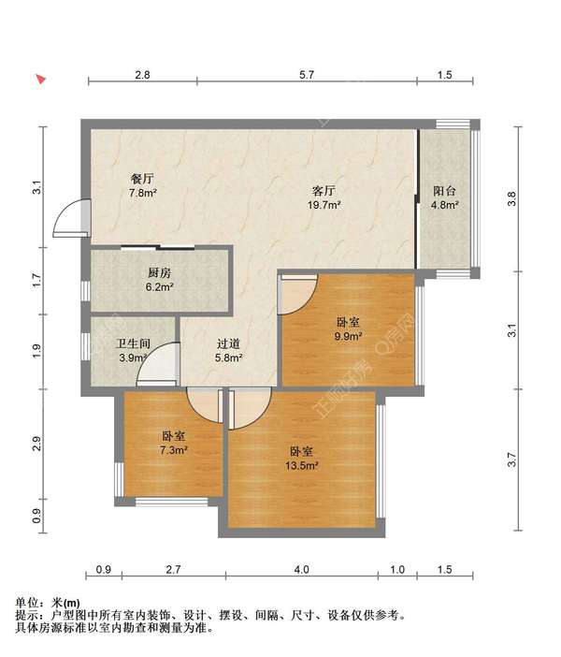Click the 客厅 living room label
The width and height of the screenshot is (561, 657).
pos(324,191)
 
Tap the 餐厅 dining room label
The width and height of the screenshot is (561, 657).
pos(143,179)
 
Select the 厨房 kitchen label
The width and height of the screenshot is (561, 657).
pos(160,272)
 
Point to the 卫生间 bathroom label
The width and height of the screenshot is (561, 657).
pos(133,343)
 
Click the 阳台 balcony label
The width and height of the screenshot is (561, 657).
pos(444,191)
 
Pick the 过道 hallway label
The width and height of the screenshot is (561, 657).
pos(228,343)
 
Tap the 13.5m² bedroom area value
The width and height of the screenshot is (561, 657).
pos(302,465)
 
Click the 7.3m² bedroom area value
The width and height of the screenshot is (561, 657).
pos(174,450)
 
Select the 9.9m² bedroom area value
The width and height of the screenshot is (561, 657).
pos(348,336)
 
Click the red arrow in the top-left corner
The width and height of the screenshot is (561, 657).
pos(40,80)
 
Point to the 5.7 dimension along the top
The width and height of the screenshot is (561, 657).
pos(307,75)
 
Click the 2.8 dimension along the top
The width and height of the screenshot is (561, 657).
pos(142,75)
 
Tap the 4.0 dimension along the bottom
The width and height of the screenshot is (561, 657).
pos(301,569)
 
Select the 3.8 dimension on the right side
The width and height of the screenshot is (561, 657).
pos(511,198)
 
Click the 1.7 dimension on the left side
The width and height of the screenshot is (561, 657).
pos(36,281)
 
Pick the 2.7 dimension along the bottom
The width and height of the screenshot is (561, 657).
pos(173,569)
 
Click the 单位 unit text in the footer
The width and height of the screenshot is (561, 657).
pos(27,603)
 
